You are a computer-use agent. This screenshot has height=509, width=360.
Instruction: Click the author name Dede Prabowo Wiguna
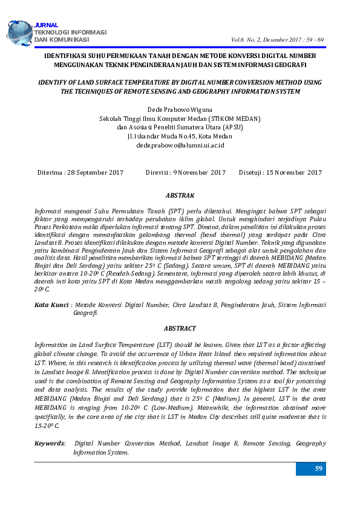(x=180, y=110)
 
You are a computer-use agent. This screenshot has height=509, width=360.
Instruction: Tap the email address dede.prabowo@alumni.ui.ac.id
(x=180, y=146)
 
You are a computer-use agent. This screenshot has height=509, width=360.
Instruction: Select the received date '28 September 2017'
(x=96, y=173)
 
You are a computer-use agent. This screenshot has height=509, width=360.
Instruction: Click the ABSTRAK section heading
(x=180, y=196)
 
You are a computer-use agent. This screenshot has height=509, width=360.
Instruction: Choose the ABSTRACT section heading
(x=180, y=328)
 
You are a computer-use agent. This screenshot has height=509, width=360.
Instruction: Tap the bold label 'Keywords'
(x=50, y=444)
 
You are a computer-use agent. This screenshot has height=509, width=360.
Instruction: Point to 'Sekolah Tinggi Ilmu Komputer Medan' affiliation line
(x=180, y=119)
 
